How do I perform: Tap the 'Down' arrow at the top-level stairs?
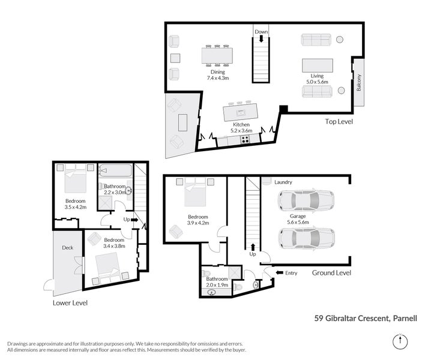(x=261, y=38)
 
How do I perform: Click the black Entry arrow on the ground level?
(x=280, y=272)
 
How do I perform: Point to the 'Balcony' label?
(x=359, y=82)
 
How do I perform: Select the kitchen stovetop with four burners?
(x=245, y=139)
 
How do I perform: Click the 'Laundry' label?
(x=283, y=182)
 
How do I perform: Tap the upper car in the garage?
(x=306, y=200)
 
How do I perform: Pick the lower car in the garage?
(x=307, y=238)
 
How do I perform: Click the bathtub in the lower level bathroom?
(x=115, y=171)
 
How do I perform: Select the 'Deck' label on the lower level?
(x=67, y=248)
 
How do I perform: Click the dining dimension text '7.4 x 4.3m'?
(x=217, y=78)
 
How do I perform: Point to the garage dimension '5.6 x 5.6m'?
(x=298, y=222)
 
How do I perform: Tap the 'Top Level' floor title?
(x=339, y=121)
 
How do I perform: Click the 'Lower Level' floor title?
(x=70, y=302)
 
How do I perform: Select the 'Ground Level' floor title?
(x=331, y=272)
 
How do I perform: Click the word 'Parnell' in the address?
(x=405, y=318)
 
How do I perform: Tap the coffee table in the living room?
(x=318, y=65)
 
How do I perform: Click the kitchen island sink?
(x=241, y=112)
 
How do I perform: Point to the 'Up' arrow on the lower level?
(x=134, y=220)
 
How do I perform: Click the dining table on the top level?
(x=217, y=56)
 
